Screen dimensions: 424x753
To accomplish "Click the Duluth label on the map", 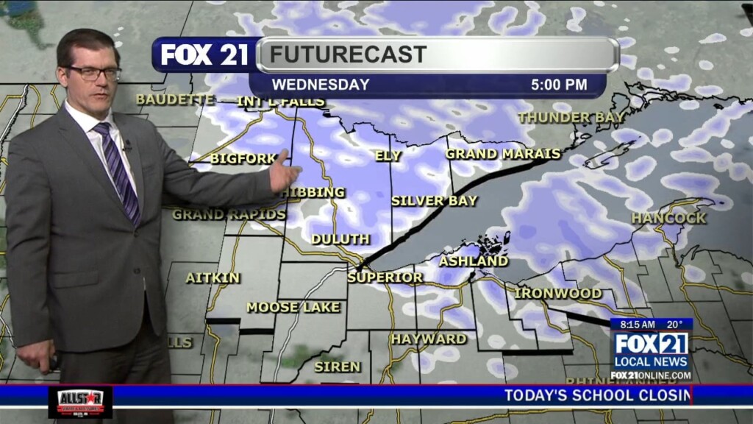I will tap(340, 239).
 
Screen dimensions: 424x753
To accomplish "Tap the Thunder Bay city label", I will tap(571, 117).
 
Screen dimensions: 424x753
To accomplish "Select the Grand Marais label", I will tap(503, 154).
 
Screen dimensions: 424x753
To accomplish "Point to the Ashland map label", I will tap(474, 261).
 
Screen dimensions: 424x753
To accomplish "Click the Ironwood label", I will tap(558, 293).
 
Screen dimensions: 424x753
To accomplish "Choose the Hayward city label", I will tap(429, 339).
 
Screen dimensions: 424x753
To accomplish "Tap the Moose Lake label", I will tap(293, 307).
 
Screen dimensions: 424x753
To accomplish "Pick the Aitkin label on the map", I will tap(213, 278).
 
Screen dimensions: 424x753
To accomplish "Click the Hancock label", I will tap(668, 218).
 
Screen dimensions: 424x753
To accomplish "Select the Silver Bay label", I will tap(434, 200).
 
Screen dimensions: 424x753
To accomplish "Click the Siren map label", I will tap(338, 367).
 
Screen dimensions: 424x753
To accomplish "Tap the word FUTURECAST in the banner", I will tap(348, 54).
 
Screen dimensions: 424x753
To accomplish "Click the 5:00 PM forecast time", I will tap(559, 85).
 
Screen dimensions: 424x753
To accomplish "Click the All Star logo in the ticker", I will tap(80, 402).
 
